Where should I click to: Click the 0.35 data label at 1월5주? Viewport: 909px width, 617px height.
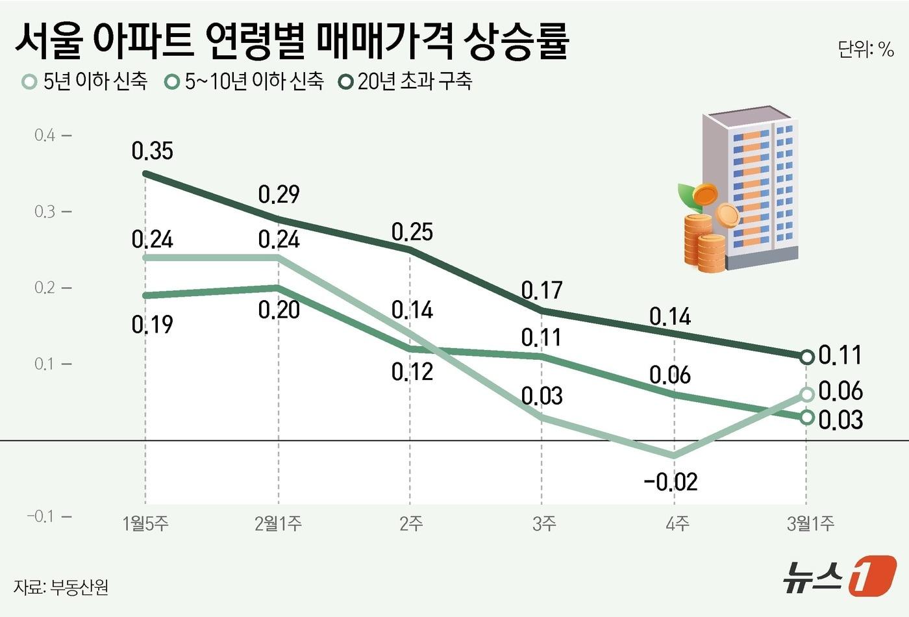[x=152, y=151]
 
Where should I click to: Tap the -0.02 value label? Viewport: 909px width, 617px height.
[x=670, y=481]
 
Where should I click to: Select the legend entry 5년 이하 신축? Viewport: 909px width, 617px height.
[x=84, y=81]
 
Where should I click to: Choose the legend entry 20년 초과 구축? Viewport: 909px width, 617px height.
[x=406, y=81]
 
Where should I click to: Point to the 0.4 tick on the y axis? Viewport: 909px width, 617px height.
[x=45, y=135]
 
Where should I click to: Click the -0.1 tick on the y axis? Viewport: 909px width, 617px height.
[x=41, y=516]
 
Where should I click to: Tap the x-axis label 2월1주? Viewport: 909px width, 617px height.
[x=278, y=523]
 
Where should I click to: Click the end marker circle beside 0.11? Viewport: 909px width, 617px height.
[x=806, y=357]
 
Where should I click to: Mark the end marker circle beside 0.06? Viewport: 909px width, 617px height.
[x=806, y=394]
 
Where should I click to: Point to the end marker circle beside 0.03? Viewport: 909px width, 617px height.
[x=806, y=417]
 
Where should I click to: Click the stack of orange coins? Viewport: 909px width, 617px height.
[x=704, y=240]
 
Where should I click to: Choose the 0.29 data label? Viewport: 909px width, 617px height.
[x=279, y=194]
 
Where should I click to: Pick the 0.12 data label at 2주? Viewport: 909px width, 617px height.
[x=412, y=371]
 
